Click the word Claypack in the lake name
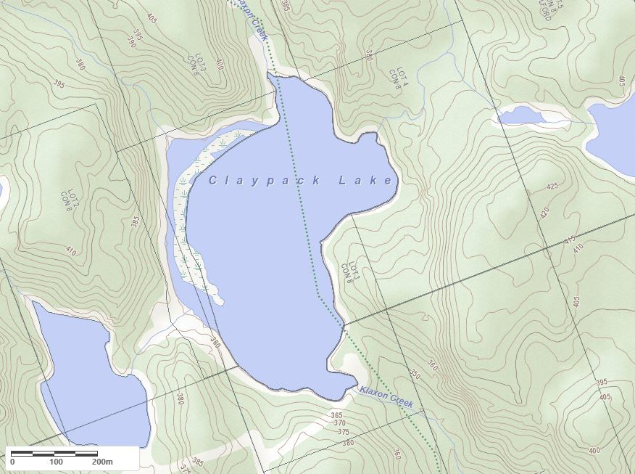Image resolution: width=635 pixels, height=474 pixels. tap(265, 181)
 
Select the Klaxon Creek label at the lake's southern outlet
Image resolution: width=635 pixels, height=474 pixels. tap(386, 397)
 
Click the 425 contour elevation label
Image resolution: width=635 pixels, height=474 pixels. tap(552, 186)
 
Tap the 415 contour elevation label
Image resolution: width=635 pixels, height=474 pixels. tap(569, 239)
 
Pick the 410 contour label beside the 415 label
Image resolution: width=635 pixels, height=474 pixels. tap(578, 248)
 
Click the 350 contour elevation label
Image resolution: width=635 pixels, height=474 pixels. tap(414, 375)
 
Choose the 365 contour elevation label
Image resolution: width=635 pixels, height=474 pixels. tap(336, 415)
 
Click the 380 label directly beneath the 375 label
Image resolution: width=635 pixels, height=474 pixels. tap(347, 442)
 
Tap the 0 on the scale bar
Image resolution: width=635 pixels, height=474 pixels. tap(12, 462)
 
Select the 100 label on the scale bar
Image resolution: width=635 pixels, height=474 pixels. tap(56, 462)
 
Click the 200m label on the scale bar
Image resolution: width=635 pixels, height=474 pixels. tap(102, 462)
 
